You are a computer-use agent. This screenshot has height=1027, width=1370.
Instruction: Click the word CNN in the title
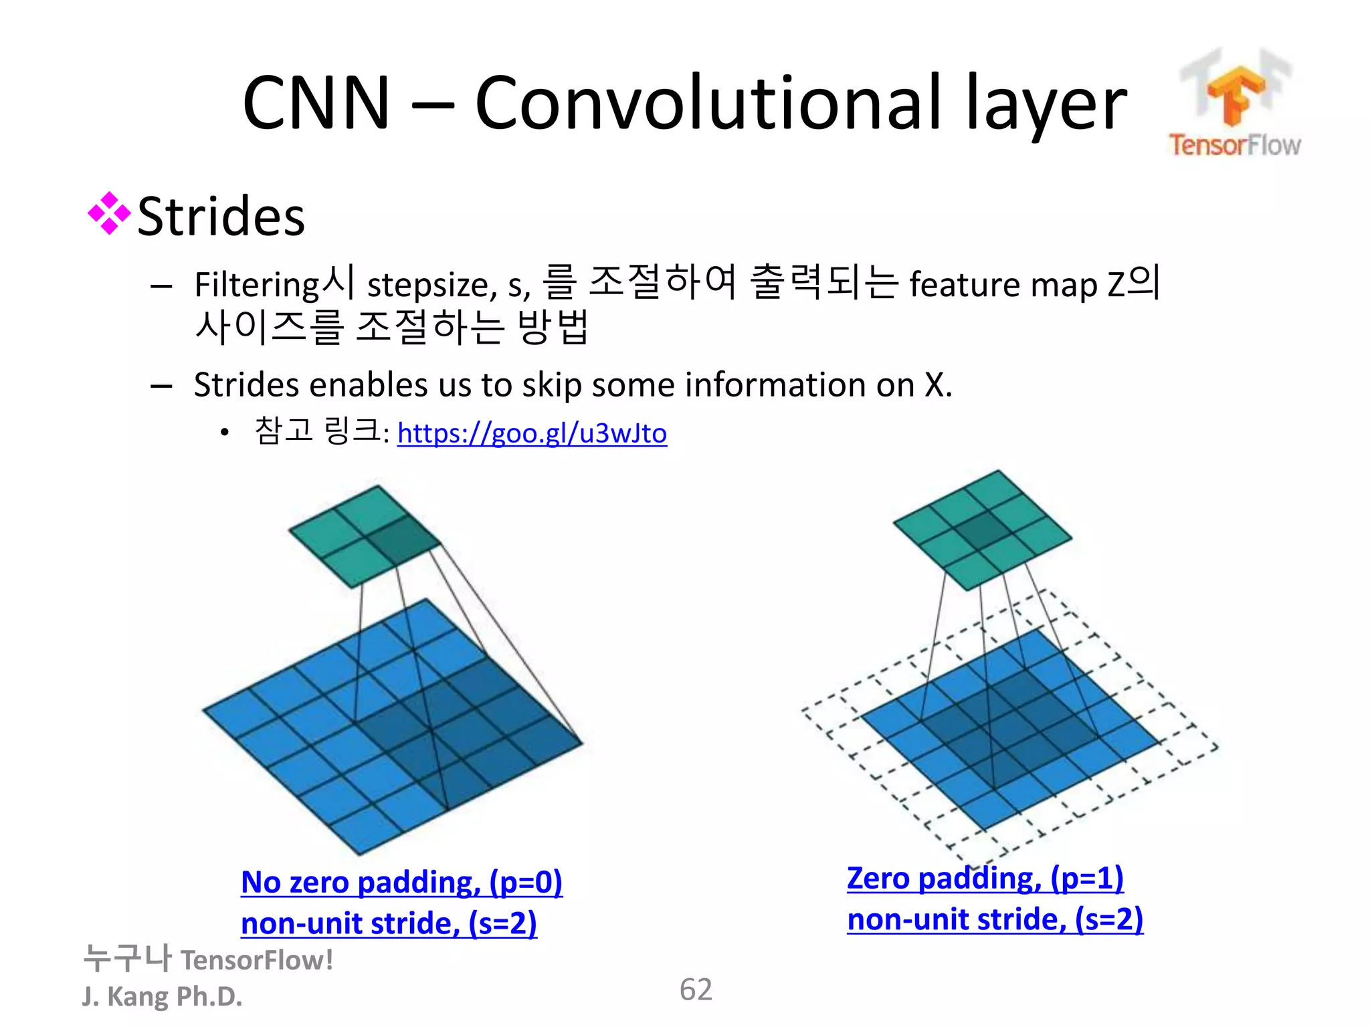click(x=315, y=103)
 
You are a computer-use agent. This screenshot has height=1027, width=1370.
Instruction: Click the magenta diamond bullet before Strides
click(x=108, y=214)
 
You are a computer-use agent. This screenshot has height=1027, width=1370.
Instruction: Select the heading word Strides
click(x=221, y=217)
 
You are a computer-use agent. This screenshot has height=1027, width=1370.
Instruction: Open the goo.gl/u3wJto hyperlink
click(x=532, y=433)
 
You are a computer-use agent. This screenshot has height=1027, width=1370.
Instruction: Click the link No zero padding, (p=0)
click(x=401, y=882)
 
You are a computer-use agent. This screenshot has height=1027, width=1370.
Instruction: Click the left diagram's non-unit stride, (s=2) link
click(x=389, y=923)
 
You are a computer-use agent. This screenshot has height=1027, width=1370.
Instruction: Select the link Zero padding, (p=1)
click(x=985, y=878)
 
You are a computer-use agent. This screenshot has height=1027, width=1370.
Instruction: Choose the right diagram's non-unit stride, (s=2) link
click(x=995, y=919)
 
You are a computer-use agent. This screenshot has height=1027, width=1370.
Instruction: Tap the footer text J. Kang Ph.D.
click(x=162, y=996)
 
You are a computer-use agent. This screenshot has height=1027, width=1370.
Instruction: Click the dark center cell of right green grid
click(x=982, y=531)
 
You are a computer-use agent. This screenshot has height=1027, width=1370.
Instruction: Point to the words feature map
click(x=1003, y=285)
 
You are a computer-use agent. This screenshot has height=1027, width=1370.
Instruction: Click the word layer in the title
click(x=1046, y=103)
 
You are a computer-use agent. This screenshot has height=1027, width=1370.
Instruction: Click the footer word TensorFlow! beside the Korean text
click(x=257, y=960)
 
